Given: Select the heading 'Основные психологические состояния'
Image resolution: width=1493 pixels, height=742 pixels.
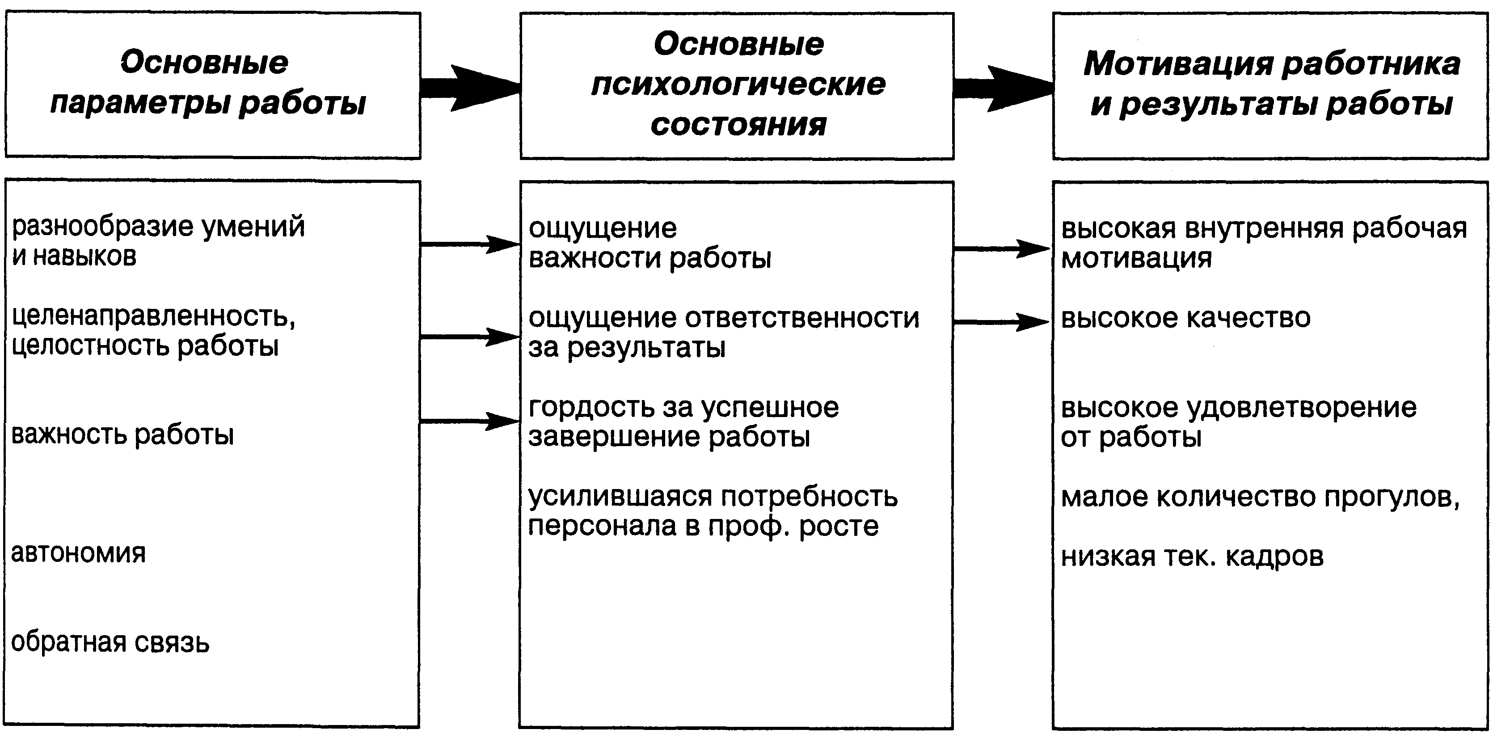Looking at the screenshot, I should coord(738,84).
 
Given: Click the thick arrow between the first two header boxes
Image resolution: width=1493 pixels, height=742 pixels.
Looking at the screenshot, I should coord(469,88).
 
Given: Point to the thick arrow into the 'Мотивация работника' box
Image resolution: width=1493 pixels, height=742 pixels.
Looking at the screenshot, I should coord(1003,89).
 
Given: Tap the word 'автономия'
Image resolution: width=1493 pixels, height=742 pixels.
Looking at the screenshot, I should coord(78,554).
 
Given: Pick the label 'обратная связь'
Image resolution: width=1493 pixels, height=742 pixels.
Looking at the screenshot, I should coord(110,642).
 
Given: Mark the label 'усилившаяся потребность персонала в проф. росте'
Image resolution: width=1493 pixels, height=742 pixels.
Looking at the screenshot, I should coord(713,511).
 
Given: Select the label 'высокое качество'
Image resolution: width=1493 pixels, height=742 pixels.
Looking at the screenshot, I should coord(1185,318).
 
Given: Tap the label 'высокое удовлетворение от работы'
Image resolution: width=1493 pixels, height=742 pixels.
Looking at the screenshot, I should coord(1238,422).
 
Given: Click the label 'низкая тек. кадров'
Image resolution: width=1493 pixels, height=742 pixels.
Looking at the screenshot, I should coord(1192,556).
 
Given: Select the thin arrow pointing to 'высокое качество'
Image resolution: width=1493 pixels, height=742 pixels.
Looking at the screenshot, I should coord(1001,322).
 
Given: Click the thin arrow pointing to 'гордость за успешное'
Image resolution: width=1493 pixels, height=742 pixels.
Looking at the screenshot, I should coord(469,422).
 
